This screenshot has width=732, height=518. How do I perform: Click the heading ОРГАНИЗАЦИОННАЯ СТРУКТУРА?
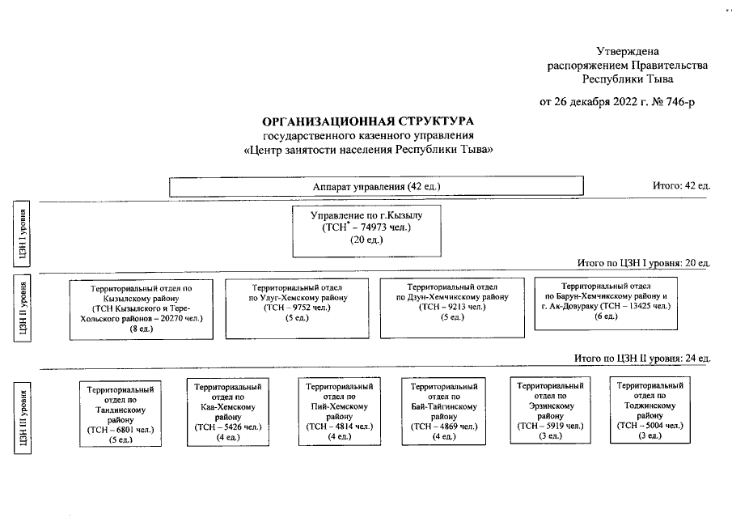(x=368, y=121)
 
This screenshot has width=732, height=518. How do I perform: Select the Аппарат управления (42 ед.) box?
(x=376, y=187)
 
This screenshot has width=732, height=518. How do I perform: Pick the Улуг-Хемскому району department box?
(x=297, y=308)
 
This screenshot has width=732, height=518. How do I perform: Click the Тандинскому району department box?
(x=120, y=414)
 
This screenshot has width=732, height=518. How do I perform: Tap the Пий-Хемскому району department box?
(x=338, y=412)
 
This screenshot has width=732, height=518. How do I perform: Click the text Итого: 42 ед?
(x=681, y=186)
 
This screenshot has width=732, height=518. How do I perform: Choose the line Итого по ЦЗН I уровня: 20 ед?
(x=643, y=264)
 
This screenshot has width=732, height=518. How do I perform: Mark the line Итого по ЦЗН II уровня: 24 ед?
(x=642, y=358)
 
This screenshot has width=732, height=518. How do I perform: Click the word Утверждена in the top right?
(x=628, y=51)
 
